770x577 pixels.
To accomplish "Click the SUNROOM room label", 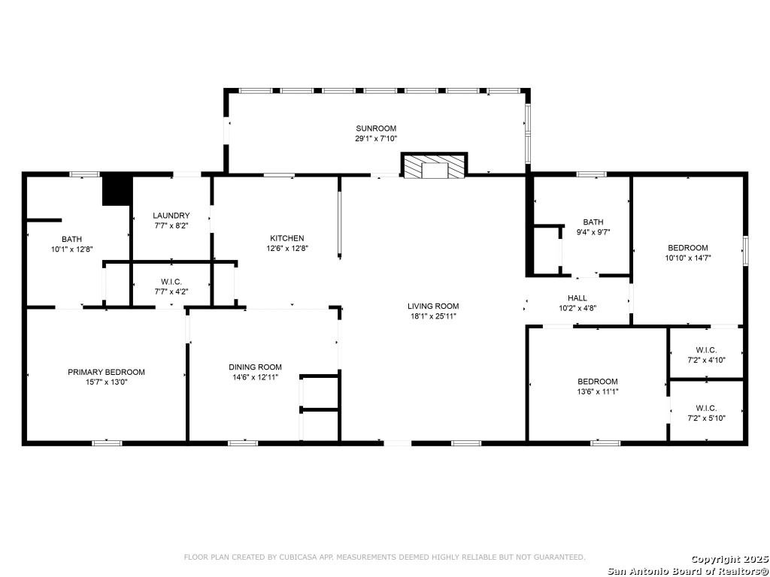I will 376,128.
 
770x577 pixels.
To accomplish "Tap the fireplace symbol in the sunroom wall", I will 434,167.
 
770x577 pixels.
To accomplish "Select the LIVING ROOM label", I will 433,306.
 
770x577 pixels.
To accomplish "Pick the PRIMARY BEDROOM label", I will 106,372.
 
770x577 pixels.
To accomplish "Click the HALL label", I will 577,298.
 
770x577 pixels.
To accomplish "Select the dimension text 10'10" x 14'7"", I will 688,258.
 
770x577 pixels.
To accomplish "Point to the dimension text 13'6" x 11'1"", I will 598,391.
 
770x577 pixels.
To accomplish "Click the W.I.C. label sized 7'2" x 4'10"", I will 706,349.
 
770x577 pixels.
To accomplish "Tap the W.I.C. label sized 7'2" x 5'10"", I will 706,408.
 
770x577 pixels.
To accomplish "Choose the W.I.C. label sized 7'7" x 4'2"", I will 171,281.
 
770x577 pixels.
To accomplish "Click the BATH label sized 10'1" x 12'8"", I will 71,239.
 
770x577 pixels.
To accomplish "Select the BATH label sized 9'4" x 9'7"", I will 593,222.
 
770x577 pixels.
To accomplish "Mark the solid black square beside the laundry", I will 117,189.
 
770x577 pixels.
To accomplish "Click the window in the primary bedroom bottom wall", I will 107,443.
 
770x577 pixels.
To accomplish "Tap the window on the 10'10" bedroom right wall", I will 745,250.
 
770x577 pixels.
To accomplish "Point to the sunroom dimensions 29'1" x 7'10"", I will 376,139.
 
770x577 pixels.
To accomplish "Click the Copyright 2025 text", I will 729,559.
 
